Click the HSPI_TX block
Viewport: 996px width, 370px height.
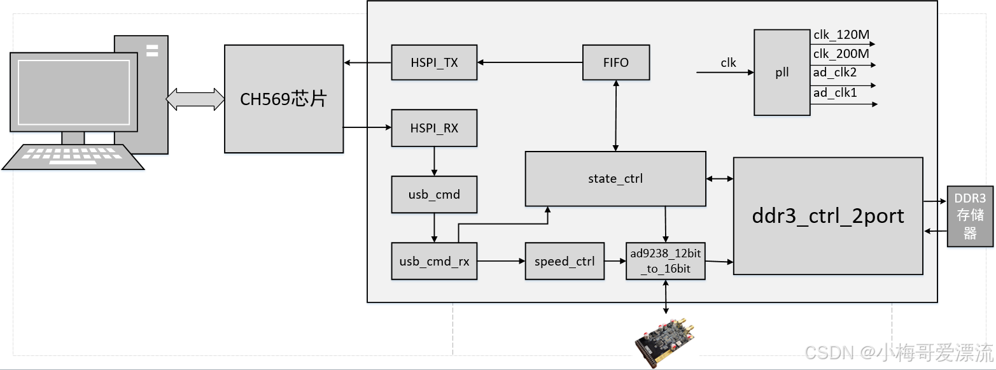point(434,62)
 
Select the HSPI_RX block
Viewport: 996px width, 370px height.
point(434,128)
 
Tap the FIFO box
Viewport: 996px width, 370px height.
point(615,62)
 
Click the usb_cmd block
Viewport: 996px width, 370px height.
point(434,194)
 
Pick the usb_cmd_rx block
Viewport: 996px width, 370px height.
point(434,261)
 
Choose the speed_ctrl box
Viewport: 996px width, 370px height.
point(565,261)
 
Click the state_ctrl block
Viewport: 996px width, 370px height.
point(615,179)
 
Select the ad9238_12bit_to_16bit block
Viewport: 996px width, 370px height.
point(665,261)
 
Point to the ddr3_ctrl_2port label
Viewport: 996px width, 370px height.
point(827,216)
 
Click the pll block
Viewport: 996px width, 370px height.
point(782,73)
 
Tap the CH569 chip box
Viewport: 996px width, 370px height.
point(283,99)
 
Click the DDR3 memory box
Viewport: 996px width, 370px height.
point(970,217)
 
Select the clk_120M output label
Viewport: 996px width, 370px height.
point(841,35)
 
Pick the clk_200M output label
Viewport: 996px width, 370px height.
point(841,54)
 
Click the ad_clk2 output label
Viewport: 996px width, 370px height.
point(835,73)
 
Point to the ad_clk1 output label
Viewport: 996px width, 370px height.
point(835,93)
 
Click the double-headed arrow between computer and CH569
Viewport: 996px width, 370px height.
point(195,99)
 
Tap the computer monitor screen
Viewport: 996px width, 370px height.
point(77,92)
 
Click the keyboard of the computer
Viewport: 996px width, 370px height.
point(73,157)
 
